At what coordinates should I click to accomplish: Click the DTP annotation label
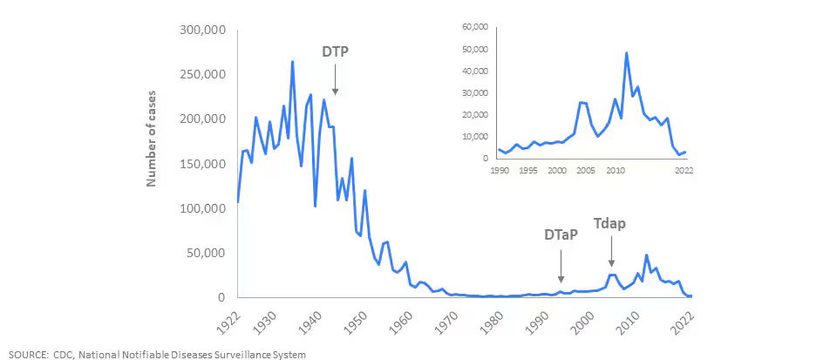tap(336, 52)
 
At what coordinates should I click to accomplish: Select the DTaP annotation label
tap(561, 234)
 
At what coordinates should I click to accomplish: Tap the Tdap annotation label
tap(610, 223)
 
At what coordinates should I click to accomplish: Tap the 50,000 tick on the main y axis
tap(206, 253)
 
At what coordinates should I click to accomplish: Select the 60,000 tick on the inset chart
tap(471, 27)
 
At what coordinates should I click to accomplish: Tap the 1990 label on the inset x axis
tap(500, 170)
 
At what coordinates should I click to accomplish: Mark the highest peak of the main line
tap(292, 61)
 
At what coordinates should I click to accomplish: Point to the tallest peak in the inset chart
tap(627, 53)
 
